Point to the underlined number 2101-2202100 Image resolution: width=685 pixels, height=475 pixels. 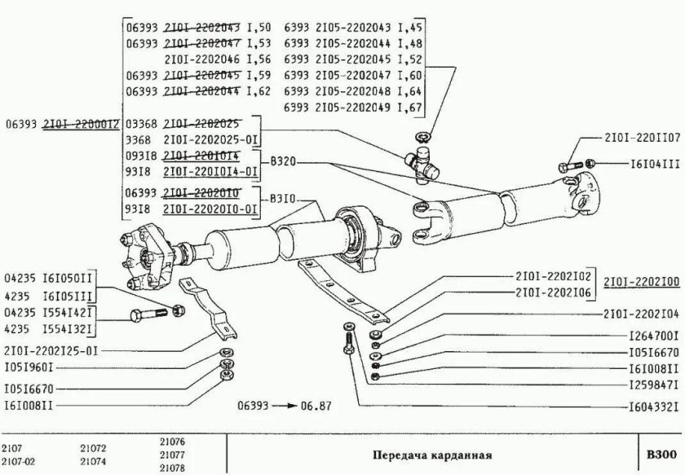tap(641, 281)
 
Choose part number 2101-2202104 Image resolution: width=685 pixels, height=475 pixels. tap(641, 314)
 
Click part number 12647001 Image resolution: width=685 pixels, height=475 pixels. tap(654, 335)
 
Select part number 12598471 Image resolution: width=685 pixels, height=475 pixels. tap(654, 382)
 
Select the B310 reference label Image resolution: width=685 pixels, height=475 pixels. tap(277, 198)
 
